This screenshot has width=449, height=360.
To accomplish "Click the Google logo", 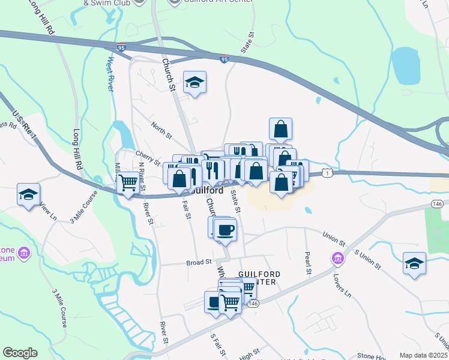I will tap(20, 353).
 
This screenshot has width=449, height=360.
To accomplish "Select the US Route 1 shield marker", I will tap(326, 173).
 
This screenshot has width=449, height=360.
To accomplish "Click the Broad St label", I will tap(199, 262).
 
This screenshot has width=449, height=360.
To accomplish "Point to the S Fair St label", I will tap(214, 345).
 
